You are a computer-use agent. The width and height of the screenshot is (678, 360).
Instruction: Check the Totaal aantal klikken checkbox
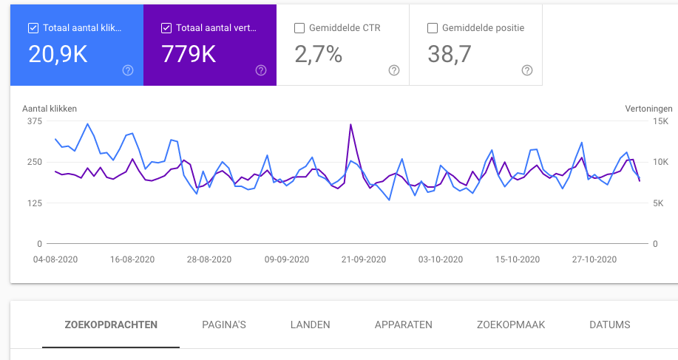coord(33,29)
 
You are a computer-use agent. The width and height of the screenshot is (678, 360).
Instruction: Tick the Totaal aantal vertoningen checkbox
coord(166,29)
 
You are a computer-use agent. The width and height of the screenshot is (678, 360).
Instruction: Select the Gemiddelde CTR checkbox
coord(299,29)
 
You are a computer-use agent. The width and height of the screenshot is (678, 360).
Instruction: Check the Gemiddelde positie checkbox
coord(433,29)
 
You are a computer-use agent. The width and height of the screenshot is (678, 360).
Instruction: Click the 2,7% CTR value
coord(318,53)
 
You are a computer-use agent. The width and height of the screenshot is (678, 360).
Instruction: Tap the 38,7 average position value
coord(450,53)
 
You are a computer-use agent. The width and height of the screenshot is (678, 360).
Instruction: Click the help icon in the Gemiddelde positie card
coord(527,70)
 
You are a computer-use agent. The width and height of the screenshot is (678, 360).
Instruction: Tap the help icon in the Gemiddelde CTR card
coord(394,70)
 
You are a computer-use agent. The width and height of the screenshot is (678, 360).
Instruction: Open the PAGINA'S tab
coord(224,325)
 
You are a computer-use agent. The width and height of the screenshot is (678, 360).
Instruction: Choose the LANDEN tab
coord(311,325)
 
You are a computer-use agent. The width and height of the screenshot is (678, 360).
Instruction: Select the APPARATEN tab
coord(404,325)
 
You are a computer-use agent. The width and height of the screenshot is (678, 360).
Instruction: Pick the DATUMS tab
coord(610,325)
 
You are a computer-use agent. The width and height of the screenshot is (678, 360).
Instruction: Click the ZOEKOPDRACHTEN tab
coord(111,325)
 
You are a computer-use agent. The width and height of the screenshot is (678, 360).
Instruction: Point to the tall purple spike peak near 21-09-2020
coord(350,124)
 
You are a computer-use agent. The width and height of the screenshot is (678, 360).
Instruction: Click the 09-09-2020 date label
coord(287,259)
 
